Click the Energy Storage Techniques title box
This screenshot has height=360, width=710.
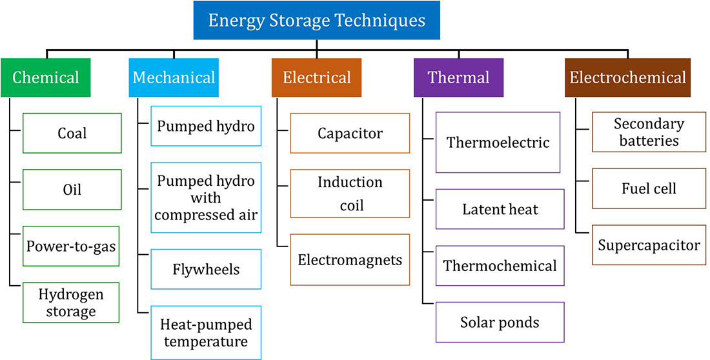click(x=316, y=20)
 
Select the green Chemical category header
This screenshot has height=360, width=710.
click(x=46, y=77)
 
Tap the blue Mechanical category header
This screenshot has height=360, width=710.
click(x=174, y=77)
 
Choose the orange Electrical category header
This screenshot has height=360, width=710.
click(x=316, y=77)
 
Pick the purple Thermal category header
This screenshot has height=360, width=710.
click(x=459, y=77)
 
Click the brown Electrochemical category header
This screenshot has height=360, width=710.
click(x=627, y=77)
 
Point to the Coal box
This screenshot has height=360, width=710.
click(x=72, y=133)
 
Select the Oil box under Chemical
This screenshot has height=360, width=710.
click(x=72, y=190)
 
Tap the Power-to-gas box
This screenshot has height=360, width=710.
click(x=72, y=246)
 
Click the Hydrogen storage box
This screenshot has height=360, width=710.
click(x=72, y=303)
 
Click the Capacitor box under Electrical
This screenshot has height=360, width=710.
click(x=350, y=133)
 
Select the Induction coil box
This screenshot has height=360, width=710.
click(x=350, y=194)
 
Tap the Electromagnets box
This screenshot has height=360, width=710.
click(x=350, y=260)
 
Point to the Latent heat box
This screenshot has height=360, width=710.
click(x=500, y=209)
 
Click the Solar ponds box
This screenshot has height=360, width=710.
click(x=500, y=321)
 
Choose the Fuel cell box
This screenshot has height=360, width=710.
click(x=649, y=189)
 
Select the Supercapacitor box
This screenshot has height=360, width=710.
click(x=649, y=245)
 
